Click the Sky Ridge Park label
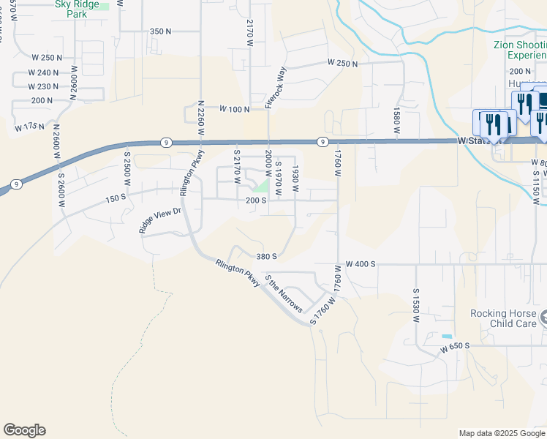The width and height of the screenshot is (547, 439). coord(77,4)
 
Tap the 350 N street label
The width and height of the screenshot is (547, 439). coord(160,31)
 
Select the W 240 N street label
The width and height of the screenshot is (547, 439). coord(45,72)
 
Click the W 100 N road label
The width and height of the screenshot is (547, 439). coord(233,109)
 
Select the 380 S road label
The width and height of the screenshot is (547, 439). coord(267,257)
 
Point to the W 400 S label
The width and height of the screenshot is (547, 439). coord(360,263)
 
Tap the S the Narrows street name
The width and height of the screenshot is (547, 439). coord(284,293)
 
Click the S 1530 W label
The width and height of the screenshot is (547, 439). coord(415,305)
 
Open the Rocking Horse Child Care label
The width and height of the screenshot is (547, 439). coord(507,318)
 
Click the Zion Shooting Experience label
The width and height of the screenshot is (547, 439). coord(520,50)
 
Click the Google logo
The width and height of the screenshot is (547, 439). coord(24,430)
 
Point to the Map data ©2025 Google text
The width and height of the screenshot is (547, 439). coord(501,433)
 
